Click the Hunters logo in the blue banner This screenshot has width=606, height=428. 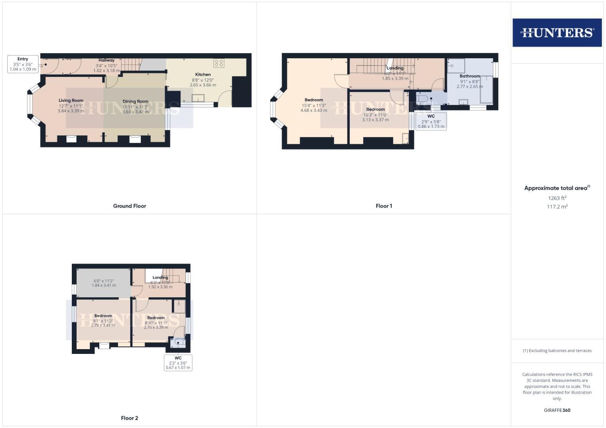click(557, 32)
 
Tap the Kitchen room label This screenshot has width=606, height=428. click(203, 75)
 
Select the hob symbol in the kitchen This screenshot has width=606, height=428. click(219, 63)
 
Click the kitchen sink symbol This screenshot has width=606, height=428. click(198, 98)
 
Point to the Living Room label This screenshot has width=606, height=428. click(71, 101)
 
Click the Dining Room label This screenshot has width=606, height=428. click(135, 101)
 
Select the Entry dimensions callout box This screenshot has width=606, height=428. click(23, 64)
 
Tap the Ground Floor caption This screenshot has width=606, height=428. click(129, 206)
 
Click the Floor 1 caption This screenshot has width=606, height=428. click(384, 206)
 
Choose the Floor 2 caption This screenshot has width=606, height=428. click(129, 418)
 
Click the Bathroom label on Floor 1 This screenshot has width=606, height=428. click(469, 76)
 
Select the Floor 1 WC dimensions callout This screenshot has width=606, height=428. click(431, 121)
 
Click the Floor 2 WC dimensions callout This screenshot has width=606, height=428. click(178, 363)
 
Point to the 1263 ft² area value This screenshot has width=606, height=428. click(557, 198)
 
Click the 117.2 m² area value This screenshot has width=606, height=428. click(557, 207)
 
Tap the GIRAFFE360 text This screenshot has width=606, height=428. click(557, 410)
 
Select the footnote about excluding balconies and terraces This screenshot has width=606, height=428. click(557, 351)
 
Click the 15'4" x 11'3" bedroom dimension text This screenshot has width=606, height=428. click(314, 105)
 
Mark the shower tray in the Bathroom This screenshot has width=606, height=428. click(456, 66)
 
